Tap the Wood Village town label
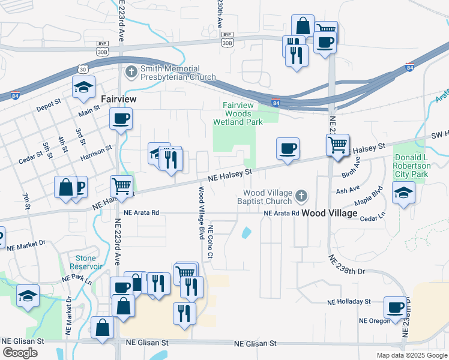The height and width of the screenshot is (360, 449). coord(329,213)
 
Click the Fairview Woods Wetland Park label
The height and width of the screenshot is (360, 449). coord(238,113)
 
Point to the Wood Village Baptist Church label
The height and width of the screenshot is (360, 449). coord(268,197)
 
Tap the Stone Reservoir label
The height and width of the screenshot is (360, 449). coord(82,262)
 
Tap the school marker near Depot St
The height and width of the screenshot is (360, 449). coord(83,88)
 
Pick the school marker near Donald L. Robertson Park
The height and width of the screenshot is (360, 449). coord(403,193)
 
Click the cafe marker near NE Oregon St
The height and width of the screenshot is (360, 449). coord(395,307)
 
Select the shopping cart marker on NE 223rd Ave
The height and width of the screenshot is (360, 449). coord(121,186)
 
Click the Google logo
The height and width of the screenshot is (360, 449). coord(20,353)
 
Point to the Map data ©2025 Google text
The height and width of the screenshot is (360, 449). coord(411,355)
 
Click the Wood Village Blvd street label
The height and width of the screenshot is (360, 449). coord(202,211)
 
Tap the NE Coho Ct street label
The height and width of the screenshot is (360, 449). coord(211,242)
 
